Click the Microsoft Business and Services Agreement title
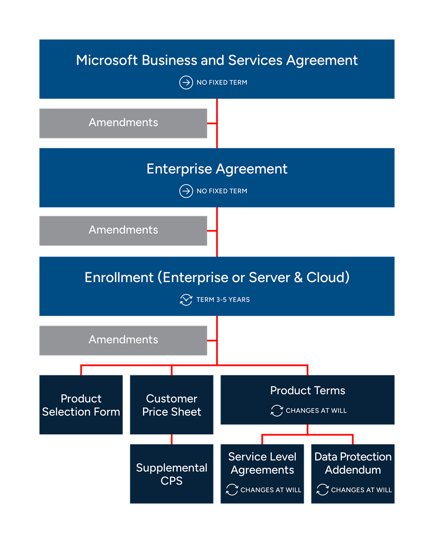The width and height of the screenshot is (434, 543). click(x=217, y=60)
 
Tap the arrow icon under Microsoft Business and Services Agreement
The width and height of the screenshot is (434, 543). click(x=186, y=83)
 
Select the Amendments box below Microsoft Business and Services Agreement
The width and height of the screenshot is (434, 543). click(x=123, y=122)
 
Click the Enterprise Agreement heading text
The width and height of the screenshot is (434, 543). click(x=217, y=169)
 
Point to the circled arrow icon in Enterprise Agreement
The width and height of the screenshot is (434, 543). click(x=186, y=191)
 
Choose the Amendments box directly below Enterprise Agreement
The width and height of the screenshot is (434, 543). click(x=123, y=230)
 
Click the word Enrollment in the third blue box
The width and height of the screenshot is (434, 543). click(x=120, y=277)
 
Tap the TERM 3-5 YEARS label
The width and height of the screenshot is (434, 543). click(x=223, y=300)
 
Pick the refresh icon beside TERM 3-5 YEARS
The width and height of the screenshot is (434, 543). click(x=186, y=300)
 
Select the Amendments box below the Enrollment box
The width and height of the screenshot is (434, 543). click(x=123, y=340)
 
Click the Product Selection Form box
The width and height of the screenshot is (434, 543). click(x=81, y=405)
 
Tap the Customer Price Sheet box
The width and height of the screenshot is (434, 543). click(x=172, y=405)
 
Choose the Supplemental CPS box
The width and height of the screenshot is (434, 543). click(x=172, y=474)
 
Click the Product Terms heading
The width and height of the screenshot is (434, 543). click(x=307, y=391)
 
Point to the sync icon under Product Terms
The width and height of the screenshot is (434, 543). click(x=277, y=410)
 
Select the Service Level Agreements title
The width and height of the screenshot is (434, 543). click(x=262, y=463)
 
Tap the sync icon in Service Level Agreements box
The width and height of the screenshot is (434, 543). click(x=232, y=490)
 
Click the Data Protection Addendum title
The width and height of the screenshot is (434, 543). click(x=353, y=463)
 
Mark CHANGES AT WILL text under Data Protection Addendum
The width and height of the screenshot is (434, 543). click(x=361, y=490)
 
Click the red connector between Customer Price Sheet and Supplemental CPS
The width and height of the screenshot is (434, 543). click(x=172, y=439)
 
